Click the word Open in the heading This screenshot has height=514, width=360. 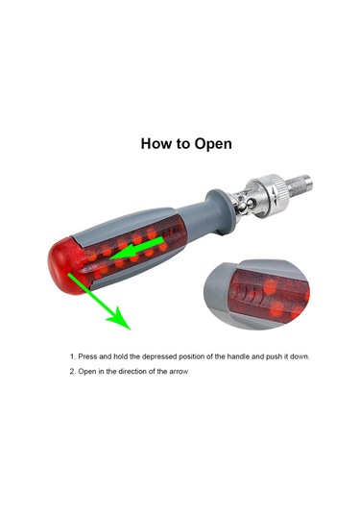click(x=213, y=144)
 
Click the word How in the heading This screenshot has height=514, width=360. click(x=157, y=143)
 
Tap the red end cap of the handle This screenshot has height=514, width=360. click(x=65, y=265)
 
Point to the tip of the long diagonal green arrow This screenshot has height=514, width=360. click(x=131, y=330)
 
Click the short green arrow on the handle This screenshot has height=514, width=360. click(x=136, y=249)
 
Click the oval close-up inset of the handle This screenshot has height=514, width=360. click(x=258, y=294)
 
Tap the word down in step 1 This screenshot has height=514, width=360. click(x=300, y=356)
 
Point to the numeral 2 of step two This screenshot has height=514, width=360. click(x=72, y=372)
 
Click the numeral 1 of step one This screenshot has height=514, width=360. click(x=72, y=356)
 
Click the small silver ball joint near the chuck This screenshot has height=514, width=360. click(x=245, y=206)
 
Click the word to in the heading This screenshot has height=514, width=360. click(x=183, y=144)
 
